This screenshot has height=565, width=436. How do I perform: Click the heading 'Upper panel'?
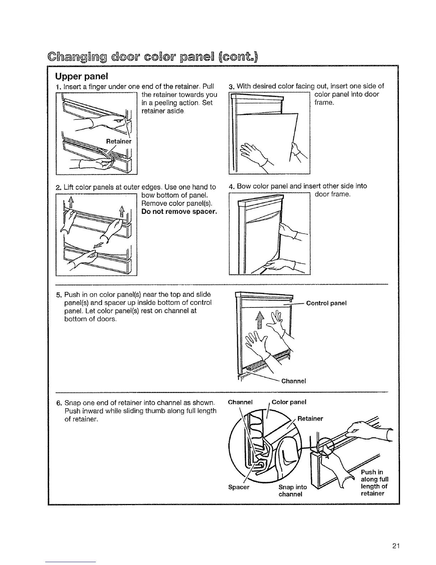(77, 77)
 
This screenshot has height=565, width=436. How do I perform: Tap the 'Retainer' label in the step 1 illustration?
(119, 141)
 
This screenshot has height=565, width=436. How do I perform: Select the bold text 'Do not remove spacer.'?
(179, 212)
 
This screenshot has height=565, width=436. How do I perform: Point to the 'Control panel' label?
(326, 303)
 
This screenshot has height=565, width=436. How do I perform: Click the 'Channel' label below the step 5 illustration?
(294, 381)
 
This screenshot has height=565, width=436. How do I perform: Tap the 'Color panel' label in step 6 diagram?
(289, 402)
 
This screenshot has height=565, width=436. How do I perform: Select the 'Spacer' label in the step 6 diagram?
(238, 487)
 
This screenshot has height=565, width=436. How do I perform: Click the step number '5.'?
(59, 295)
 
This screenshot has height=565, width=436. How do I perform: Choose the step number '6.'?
(59, 403)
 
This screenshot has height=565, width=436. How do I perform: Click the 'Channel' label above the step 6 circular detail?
(240, 402)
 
